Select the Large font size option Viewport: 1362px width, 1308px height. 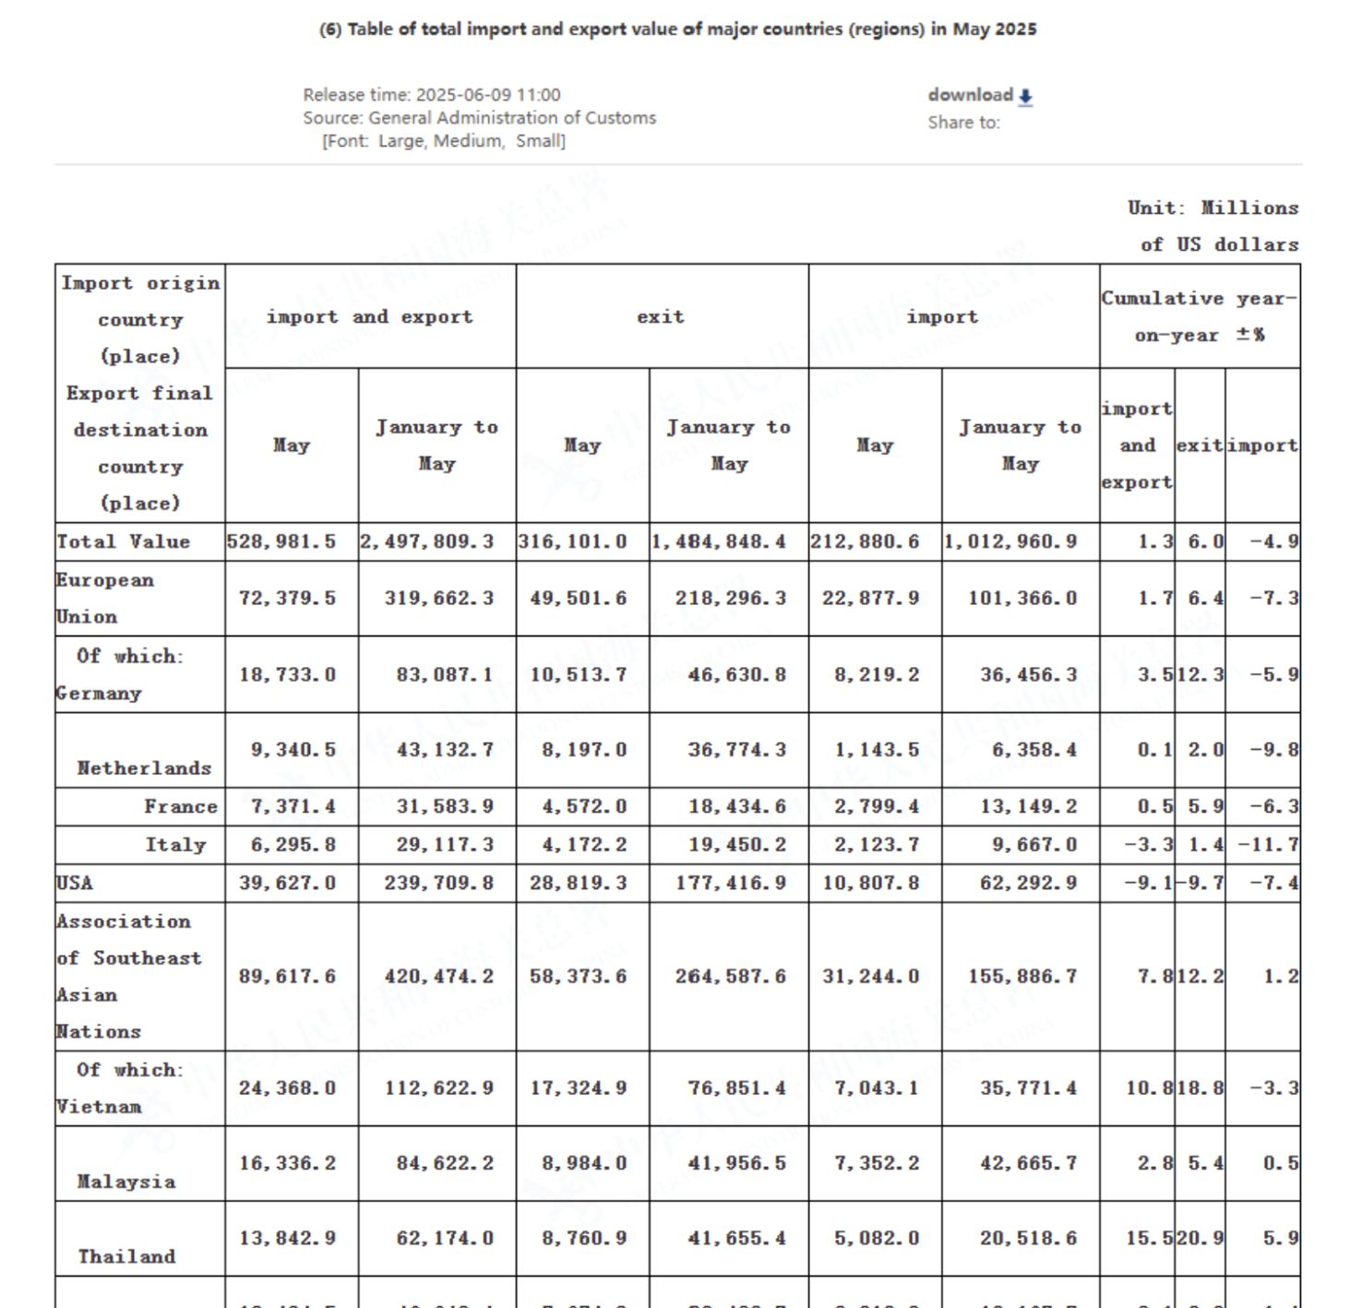401,141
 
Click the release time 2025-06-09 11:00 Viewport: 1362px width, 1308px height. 488,95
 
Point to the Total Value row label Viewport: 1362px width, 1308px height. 124,541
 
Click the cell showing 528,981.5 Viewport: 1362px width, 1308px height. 281,541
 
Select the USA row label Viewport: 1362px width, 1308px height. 75,883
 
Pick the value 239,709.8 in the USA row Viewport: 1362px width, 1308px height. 438,883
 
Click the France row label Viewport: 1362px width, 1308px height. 180,806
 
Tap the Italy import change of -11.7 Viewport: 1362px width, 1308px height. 1268,844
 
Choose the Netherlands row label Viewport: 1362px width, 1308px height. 144,767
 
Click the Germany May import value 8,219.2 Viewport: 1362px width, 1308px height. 876,674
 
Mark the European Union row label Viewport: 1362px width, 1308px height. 104,598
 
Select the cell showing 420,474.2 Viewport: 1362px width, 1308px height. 438,976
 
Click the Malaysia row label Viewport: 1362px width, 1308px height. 125,1182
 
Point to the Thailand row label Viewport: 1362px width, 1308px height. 126,1256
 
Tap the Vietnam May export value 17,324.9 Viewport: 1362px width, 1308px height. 578,1088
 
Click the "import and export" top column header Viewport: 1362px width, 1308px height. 369,316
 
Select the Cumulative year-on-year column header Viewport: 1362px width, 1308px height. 1199,316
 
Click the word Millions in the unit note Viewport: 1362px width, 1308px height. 1249,208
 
